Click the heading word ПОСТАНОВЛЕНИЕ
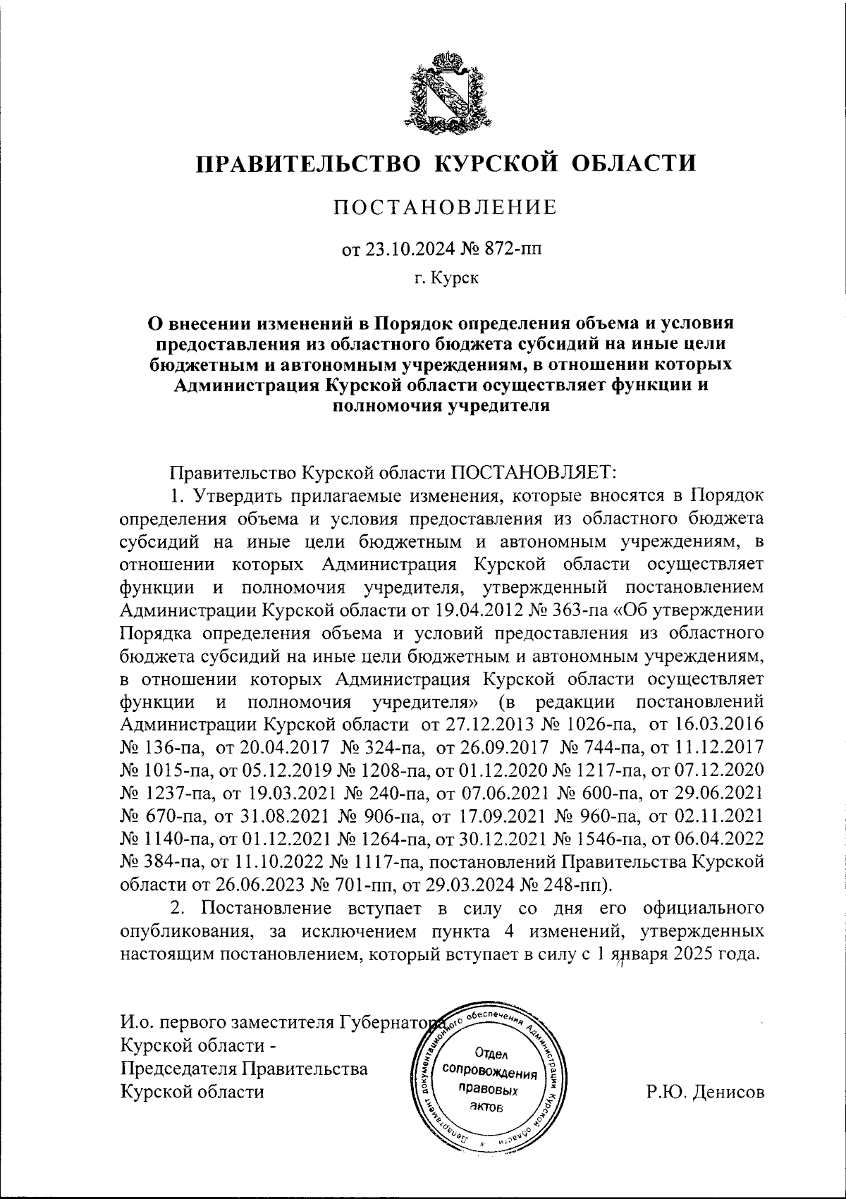point(445,207)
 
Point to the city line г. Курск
point(446,278)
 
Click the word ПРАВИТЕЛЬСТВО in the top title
point(309,164)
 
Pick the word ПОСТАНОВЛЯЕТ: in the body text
point(536,470)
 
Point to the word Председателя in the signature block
point(178,1069)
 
